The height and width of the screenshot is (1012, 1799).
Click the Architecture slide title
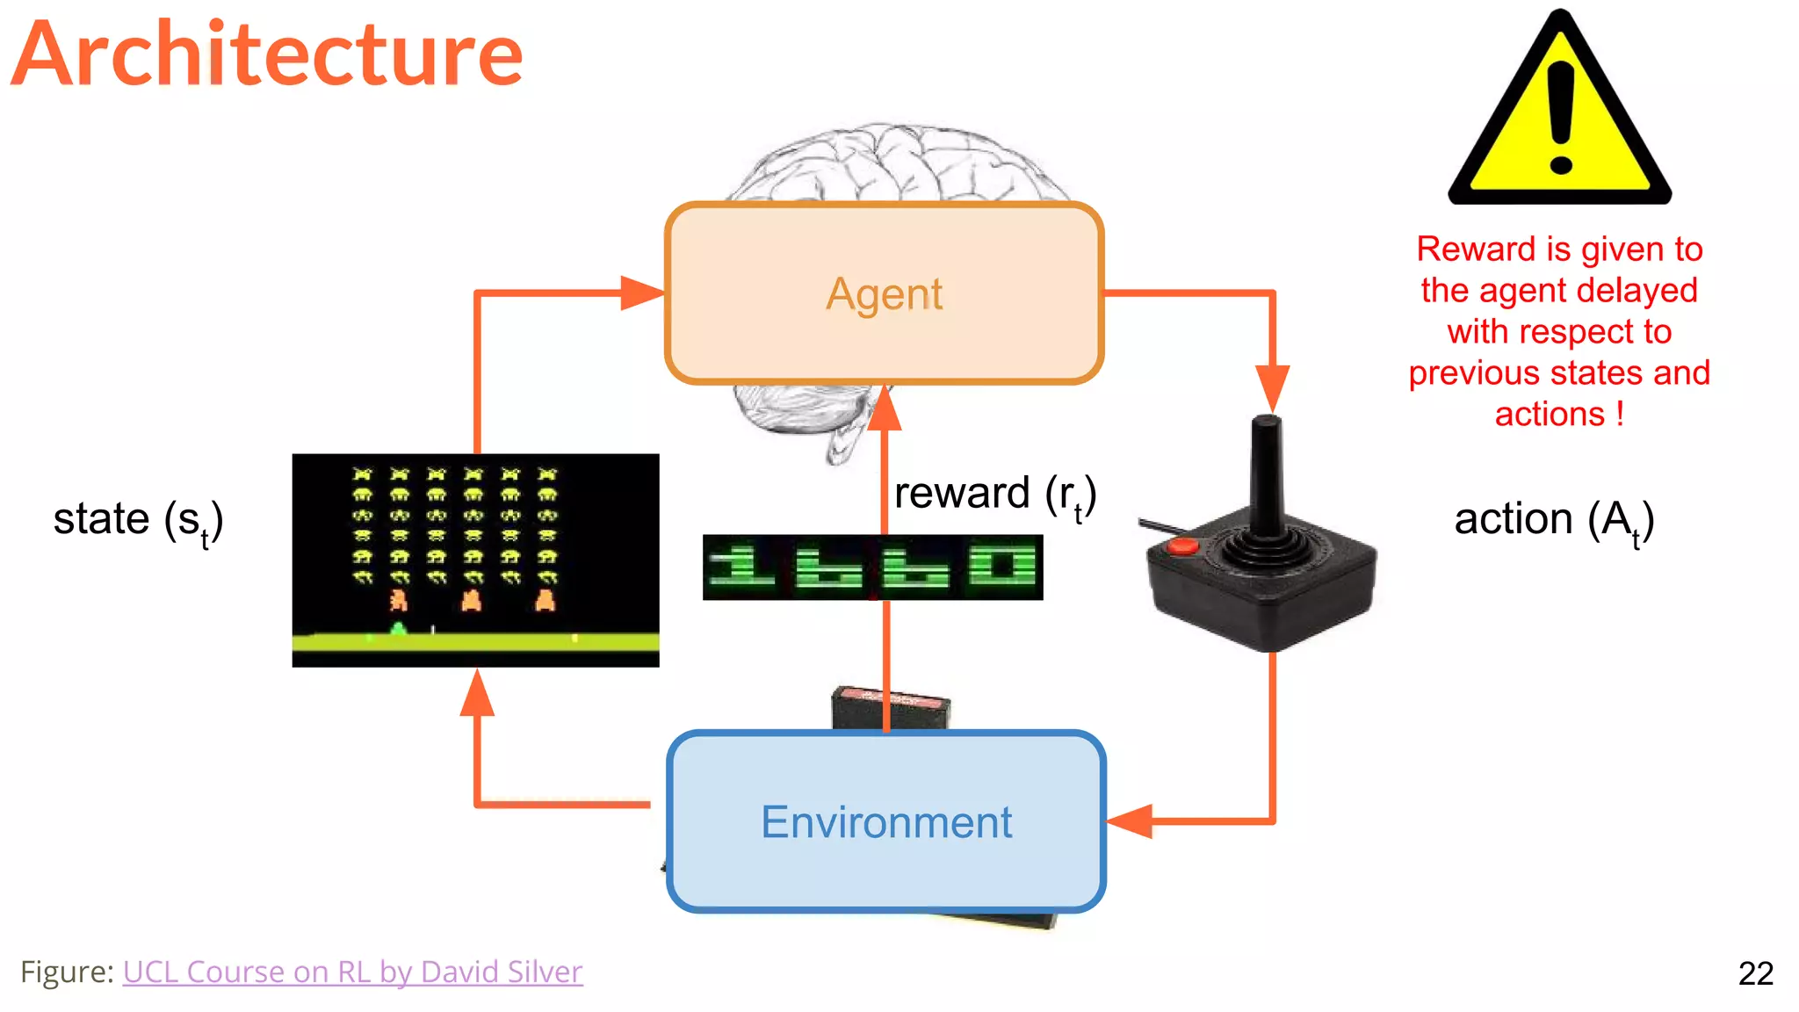pos(268,54)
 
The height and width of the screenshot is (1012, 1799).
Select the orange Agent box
pos(884,293)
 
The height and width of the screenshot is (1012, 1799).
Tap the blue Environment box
pos(885,822)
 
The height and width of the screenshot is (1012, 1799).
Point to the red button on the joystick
pos(1182,546)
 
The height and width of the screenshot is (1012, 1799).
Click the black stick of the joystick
pos(1266,474)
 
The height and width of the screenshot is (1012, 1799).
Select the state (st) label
pos(138,519)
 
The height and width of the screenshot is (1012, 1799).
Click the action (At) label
pos(1554,519)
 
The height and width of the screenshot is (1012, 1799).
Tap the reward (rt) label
pos(994,494)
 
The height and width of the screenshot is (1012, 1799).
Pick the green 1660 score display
pos(872,567)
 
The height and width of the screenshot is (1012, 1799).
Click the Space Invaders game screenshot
pos(475,560)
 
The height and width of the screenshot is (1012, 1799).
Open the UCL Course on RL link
pos(352,972)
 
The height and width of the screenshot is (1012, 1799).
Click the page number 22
pos(1755,973)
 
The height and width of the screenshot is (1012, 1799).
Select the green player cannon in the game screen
pos(398,628)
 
